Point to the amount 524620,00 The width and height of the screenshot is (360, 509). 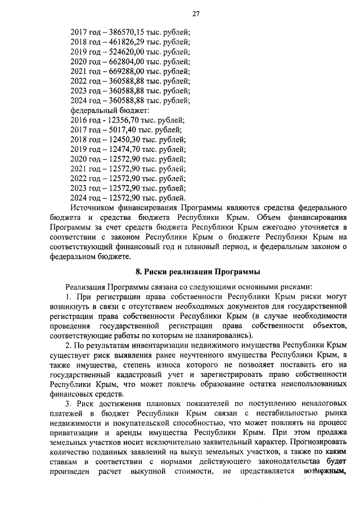[123, 52]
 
